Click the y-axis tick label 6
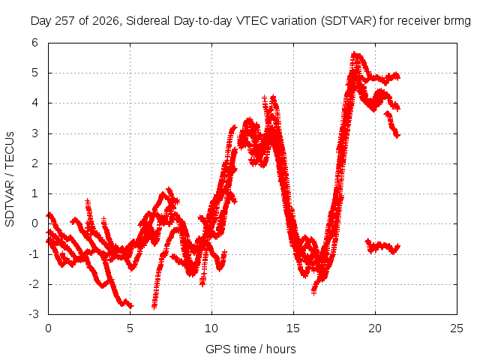(x=34, y=43)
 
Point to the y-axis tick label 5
(x=34, y=73)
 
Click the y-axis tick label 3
(x=34, y=133)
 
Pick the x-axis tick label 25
(x=457, y=328)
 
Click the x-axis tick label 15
(x=293, y=328)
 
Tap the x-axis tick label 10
(x=211, y=328)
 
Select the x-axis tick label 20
(x=375, y=328)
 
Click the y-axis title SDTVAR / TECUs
(x=10, y=179)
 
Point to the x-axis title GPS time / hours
(x=250, y=349)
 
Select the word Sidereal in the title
(x=148, y=21)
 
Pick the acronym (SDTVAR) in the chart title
(x=348, y=21)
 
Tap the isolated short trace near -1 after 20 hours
(x=382, y=247)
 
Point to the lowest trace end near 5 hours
(x=131, y=305)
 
